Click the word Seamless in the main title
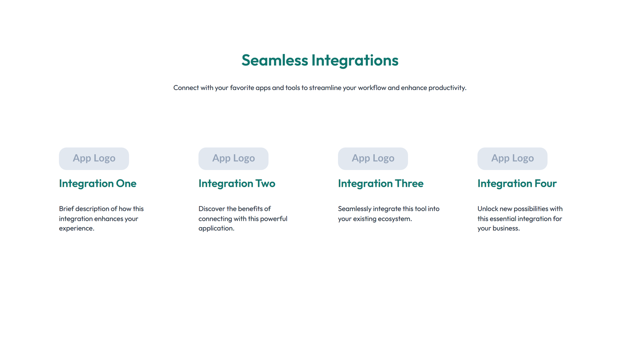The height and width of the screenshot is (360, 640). (274, 60)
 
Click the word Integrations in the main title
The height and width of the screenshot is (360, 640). (355, 60)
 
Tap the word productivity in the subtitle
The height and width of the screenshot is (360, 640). (447, 88)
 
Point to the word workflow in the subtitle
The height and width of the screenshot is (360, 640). (372, 88)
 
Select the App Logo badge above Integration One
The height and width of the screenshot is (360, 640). (94, 158)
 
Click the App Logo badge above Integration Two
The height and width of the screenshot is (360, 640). (233, 158)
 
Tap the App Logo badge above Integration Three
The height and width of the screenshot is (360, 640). (373, 158)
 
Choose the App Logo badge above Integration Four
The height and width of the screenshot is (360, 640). (512, 158)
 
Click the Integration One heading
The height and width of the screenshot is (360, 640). (98, 183)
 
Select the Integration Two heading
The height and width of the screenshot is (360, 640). (237, 183)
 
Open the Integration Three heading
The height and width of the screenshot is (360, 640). (380, 183)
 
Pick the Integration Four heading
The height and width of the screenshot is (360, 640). (517, 183)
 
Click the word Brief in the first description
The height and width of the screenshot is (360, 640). (66, 209)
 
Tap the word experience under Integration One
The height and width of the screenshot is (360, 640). (76, 228)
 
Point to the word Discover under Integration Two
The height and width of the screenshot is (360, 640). (212, 209)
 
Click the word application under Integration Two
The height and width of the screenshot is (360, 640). (216, 228)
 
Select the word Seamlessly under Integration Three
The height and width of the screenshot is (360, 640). (354, 209)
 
